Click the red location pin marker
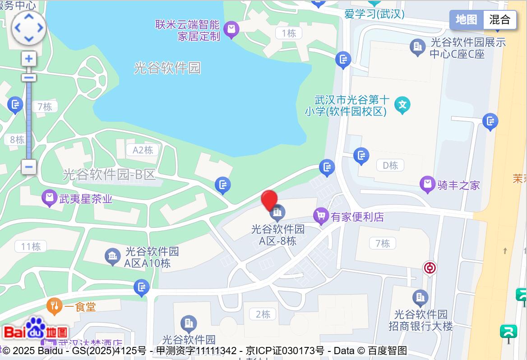(269, 201)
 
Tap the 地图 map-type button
(466, 20)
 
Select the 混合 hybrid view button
(500, 20)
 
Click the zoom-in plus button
(29, 59)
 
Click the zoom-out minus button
(29, 167)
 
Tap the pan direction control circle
(29, 28)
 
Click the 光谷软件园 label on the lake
(167, 68)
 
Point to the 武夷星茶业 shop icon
(49, 198)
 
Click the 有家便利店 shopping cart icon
(321, 216)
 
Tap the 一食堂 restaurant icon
(54, 306)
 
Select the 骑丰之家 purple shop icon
(427, 184)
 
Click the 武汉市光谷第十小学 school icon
(402, 105)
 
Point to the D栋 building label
(390, 166)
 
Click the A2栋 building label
(143, 150)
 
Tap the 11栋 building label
(31, 246)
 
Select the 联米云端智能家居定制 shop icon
(231, 30)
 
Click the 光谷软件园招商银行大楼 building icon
(420, 297)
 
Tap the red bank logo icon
(430, 268)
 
